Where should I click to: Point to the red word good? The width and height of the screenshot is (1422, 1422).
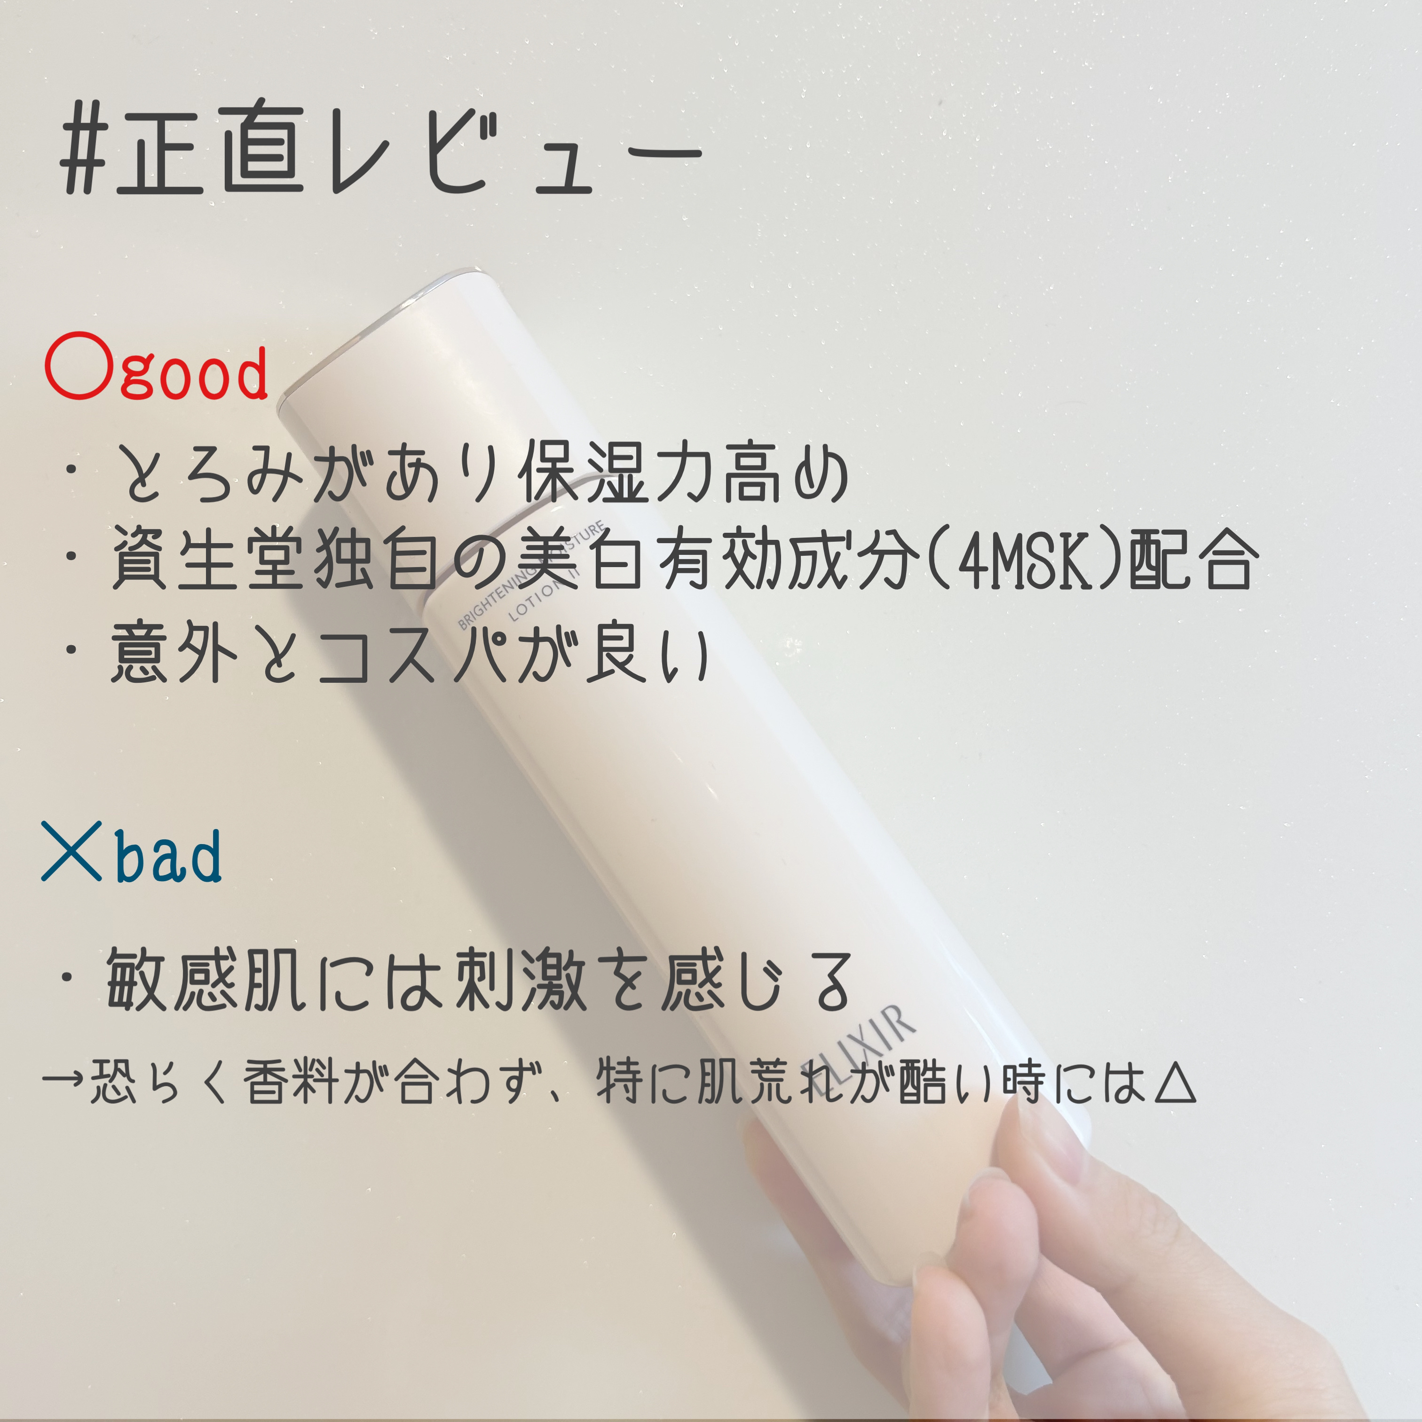coord(194,375)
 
